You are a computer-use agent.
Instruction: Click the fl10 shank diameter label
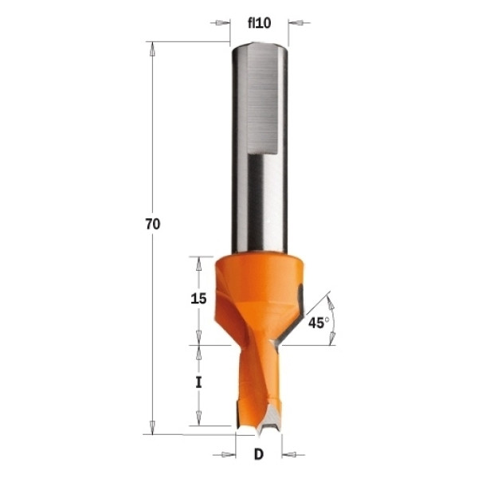click(x=259, y=23)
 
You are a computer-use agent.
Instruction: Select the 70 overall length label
click(x=153, y=225)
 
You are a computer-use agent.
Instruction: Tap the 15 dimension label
click(x=198, y=299)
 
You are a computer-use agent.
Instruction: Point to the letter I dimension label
click(x=198, y=382)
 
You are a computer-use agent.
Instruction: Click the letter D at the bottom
click(x=258, y=455)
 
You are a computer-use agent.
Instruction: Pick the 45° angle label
click(x=319, y=323)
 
